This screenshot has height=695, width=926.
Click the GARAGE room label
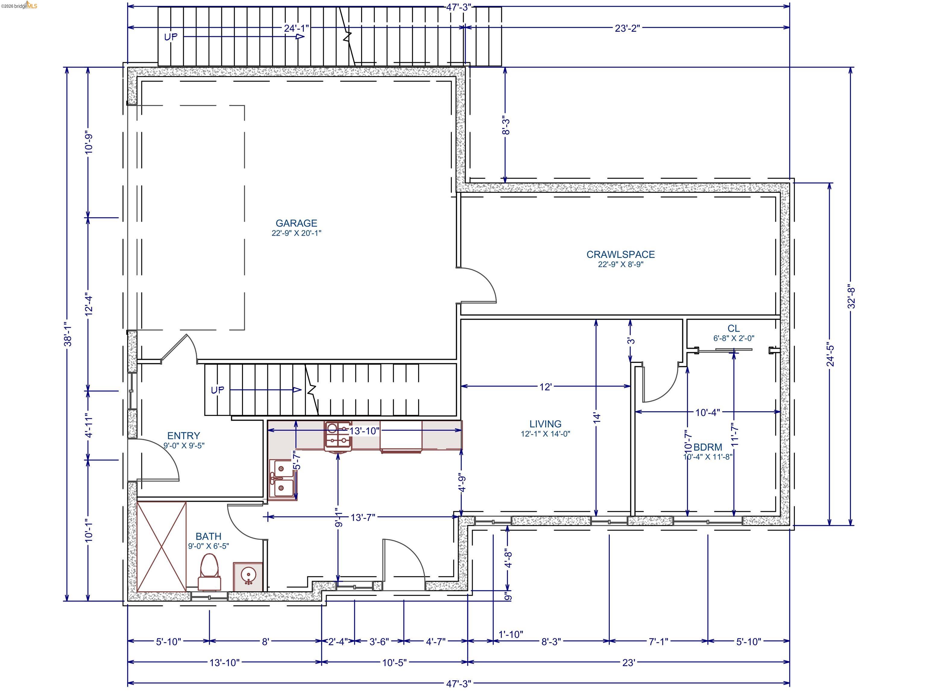coord(296,223)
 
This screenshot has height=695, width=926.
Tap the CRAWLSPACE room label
coord(620,254)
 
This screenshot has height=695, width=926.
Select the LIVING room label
coord(545,424)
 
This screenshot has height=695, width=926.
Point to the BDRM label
coord(707,447)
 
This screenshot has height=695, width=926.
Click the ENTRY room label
coord(183,436)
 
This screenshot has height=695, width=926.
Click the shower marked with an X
coord(162,546)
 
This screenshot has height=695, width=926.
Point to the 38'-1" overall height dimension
coord(68,334)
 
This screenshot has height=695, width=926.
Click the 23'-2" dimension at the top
coord(627,28)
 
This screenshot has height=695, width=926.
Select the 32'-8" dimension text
coord(851,297)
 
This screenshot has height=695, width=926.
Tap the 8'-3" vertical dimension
coord(506,125)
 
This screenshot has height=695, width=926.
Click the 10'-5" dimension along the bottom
coord(394,663)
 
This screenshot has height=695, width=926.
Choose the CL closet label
coord(733,328)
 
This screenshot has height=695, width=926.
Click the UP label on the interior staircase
coord(217,390)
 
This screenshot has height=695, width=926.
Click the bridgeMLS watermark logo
coord(19,5)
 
